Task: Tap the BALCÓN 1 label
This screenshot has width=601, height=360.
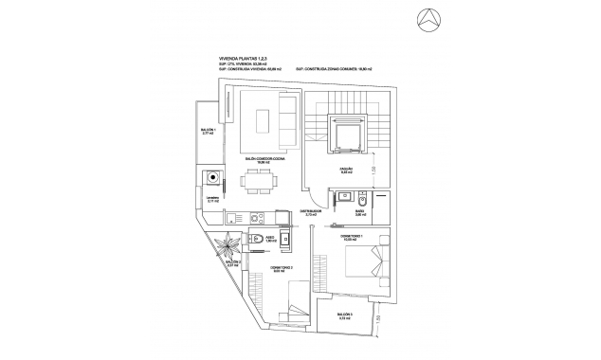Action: [x=209, y=132]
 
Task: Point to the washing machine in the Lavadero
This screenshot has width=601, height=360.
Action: [x=213, y=177]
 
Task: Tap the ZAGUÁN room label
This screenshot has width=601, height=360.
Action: [x=347, y=171]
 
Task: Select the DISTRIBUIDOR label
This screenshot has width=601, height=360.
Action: [x=311, y=213]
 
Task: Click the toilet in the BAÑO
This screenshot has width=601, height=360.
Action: [x=343, y=200]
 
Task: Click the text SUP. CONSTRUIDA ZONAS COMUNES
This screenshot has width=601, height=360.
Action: [x=333, y=69]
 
